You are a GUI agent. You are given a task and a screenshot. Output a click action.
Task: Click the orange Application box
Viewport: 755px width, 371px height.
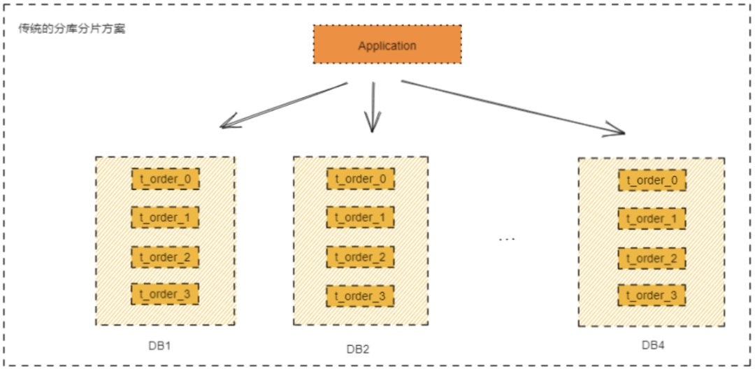tap(387, 45)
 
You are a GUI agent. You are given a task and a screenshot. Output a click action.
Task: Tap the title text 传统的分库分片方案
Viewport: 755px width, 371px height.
tap(72, 30)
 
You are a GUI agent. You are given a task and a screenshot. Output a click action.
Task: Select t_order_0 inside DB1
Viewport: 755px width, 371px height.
tap(165, 180)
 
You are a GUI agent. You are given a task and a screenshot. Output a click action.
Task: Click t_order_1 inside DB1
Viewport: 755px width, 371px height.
tap(165, 218)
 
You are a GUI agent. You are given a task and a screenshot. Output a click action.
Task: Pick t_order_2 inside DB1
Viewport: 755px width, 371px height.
tap(165, 256)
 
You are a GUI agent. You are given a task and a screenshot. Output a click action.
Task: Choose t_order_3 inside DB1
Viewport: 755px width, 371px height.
tap(165, 294)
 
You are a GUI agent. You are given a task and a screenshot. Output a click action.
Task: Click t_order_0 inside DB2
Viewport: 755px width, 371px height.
tap(360, 178)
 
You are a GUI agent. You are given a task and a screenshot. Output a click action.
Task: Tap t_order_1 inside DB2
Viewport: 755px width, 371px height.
tap(360, 217)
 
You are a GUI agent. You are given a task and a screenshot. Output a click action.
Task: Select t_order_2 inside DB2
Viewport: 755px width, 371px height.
tap(360, 256)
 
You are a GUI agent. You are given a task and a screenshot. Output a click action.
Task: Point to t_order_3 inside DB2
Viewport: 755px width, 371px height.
tap(360, 296)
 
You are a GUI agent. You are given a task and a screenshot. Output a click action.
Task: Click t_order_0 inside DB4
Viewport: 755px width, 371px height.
tap(652, 180)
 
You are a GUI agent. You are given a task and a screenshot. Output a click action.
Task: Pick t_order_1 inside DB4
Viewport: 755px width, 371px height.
tap(652, 219)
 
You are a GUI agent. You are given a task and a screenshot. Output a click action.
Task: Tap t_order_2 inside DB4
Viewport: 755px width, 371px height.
tap(652, 259)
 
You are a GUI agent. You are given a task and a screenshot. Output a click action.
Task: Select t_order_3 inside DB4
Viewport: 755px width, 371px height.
tap(652, 296)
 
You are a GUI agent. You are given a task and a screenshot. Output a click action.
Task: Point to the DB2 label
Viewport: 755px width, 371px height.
tap(357, 349)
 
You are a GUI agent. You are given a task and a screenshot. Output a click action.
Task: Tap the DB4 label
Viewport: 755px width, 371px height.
tap(653, 345)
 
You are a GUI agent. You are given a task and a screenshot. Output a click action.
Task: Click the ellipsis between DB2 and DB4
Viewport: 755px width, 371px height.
tap(507, 240)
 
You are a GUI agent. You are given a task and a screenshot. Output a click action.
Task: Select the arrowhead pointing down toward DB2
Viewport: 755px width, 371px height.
tap(372, 126)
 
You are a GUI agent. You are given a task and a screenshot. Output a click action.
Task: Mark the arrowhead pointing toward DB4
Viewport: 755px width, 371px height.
tap(617, 130)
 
